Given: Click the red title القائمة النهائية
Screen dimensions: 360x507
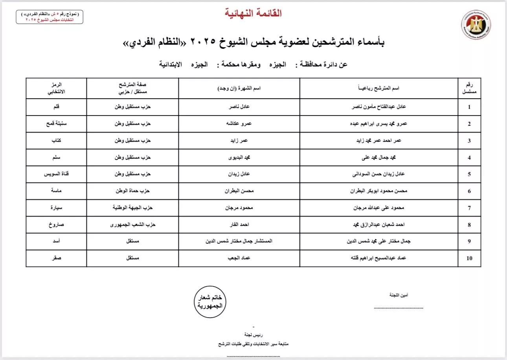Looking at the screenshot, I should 253,13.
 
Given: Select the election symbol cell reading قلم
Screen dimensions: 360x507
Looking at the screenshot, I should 56,107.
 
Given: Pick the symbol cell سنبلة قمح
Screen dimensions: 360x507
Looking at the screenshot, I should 56,123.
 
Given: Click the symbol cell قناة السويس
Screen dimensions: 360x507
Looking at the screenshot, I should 56,174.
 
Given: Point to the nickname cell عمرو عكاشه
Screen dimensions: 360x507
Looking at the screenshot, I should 239,123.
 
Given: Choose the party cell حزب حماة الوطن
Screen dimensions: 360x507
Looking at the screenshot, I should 132,191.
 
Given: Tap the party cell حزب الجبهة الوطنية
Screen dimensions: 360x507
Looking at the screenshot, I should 132,208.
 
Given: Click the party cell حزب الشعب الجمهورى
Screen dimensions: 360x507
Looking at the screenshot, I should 132,225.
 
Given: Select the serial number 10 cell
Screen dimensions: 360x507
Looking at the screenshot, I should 469,258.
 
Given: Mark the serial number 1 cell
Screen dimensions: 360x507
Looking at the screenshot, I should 469,107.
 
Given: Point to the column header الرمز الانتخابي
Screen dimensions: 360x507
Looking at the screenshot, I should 56,88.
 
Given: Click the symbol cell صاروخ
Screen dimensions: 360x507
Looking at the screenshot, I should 56,225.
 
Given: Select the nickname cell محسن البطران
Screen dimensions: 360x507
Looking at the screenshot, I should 239,191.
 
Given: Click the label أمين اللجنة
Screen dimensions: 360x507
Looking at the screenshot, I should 399,295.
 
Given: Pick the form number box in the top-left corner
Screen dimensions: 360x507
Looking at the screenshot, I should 50,17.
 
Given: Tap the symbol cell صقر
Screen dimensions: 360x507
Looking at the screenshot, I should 56,258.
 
